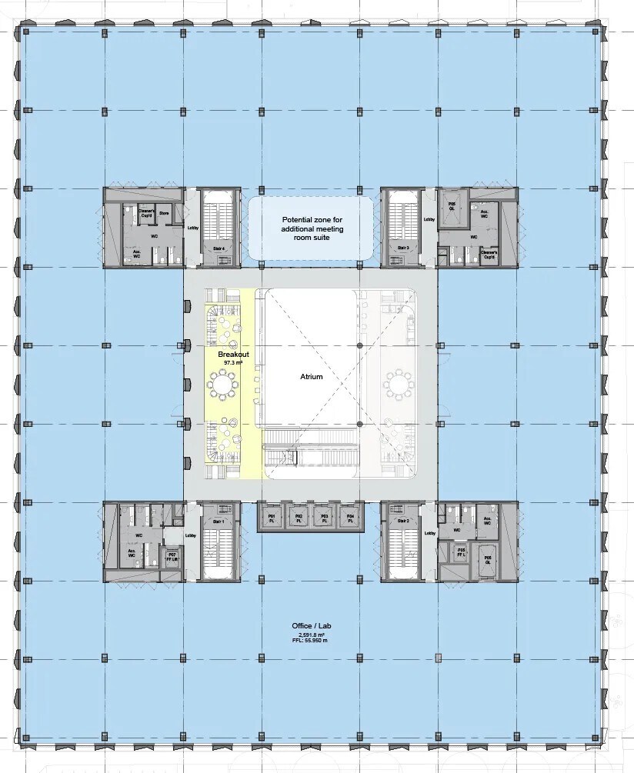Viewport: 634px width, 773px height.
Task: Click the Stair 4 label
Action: (218, 248)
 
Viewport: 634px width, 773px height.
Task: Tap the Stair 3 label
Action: (402, 248)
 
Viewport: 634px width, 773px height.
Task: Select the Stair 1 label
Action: (218, 521)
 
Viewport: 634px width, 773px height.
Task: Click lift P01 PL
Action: (271, 518)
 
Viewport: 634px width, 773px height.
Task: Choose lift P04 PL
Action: (350, 518)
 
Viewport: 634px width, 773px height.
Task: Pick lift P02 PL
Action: (297, 518)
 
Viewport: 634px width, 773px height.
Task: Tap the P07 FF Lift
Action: (172, 557)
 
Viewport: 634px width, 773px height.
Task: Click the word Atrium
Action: (312, 378)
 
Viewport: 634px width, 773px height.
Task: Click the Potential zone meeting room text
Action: (312, 228)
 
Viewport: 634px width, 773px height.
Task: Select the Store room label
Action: (164, 213)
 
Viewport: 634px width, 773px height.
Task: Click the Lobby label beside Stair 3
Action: (429, 220)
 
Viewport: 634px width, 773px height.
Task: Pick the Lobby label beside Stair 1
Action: (191, 535)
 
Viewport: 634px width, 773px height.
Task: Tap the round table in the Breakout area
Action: (223, 382)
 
